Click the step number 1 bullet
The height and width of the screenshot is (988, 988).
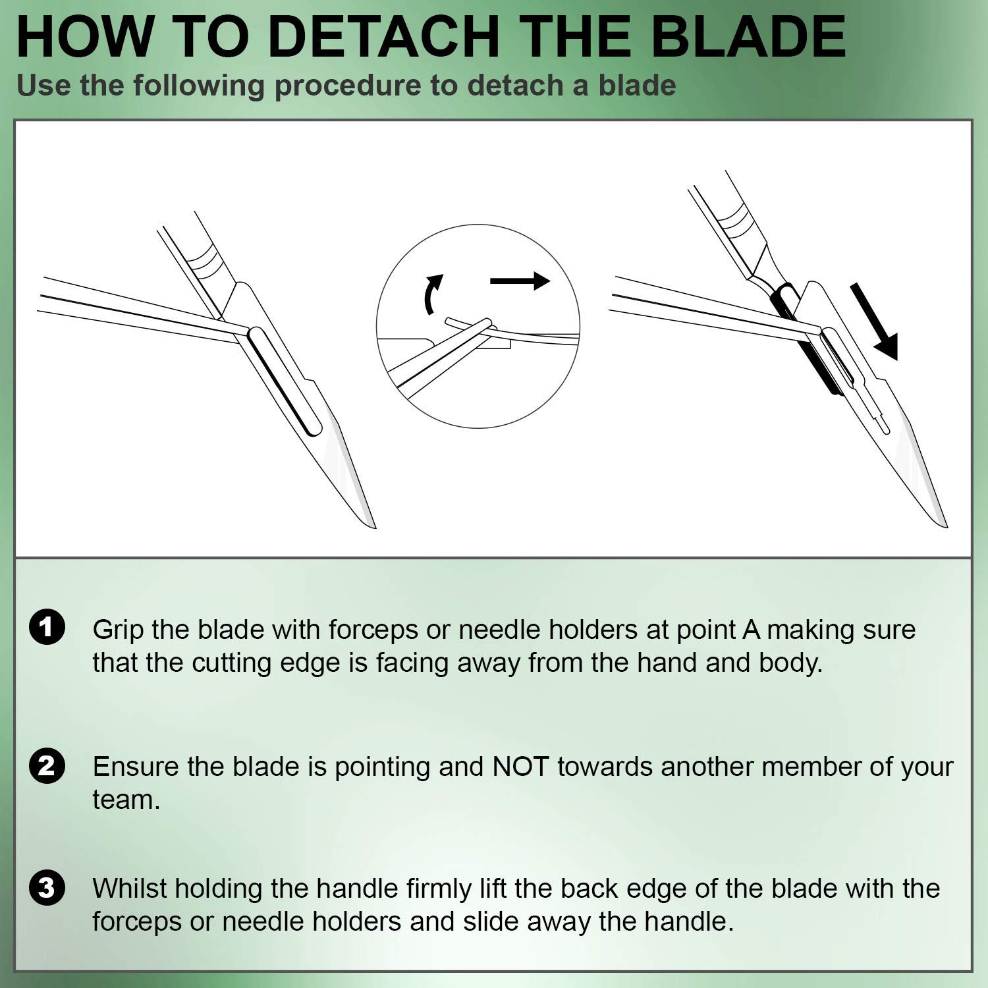click(47, 627)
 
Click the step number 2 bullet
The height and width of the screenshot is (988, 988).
click(47, 766)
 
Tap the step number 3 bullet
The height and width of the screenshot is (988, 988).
click(47, 887)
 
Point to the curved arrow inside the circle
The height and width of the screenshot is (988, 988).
click(431, 294)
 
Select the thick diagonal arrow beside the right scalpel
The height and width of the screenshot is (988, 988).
click(874, 321)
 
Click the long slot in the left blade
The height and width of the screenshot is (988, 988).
click(284, 382)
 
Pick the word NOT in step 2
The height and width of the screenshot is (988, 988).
click(520, 767)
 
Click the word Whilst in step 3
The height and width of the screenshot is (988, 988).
click(129, 889)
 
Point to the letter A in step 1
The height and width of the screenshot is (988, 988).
click(751, 630)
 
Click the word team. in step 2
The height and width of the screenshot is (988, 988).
click(126, 800)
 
